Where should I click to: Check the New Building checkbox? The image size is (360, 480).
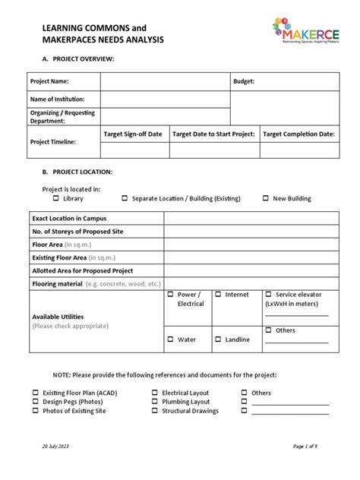[x=266, y=198]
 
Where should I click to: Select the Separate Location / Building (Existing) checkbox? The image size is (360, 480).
[x=125, y=198]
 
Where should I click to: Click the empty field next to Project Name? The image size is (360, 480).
[x=165, y=81]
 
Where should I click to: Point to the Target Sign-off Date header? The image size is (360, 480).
[x=133, y=134]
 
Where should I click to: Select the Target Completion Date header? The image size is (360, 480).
[x=298, y=134]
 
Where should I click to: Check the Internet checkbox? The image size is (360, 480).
[x=218, y=294]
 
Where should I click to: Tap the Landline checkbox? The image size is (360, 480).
[x=218, y=339]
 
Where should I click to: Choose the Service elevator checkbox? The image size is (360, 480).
[x=268, y=294]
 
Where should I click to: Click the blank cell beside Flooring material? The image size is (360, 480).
[x=248, y=283]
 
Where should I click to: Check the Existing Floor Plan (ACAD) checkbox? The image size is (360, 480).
[x=35, y=393]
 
